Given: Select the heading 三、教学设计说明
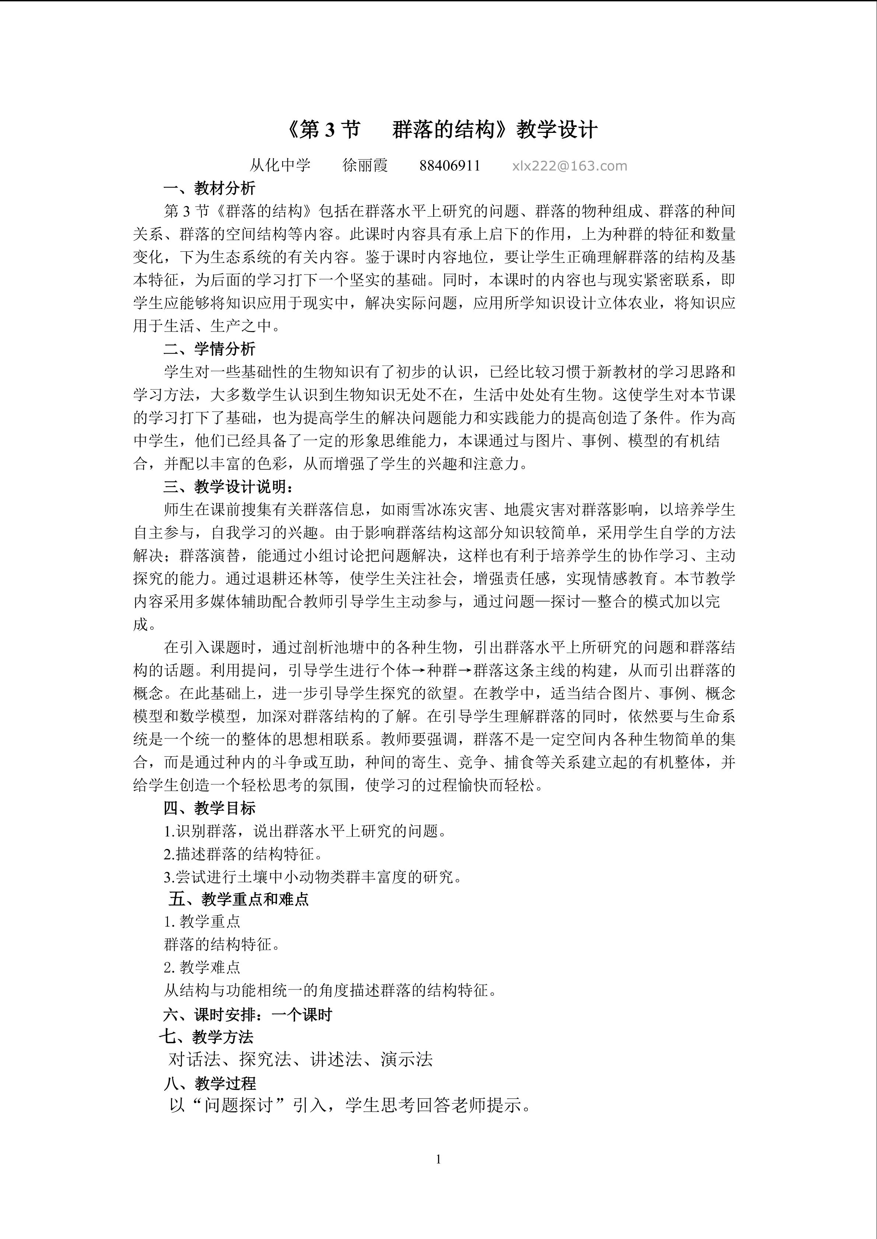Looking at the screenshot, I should pyautogui.click(x=229, y=487).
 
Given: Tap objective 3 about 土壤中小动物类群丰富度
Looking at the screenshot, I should pyautogui.click(x=313, y=877).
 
